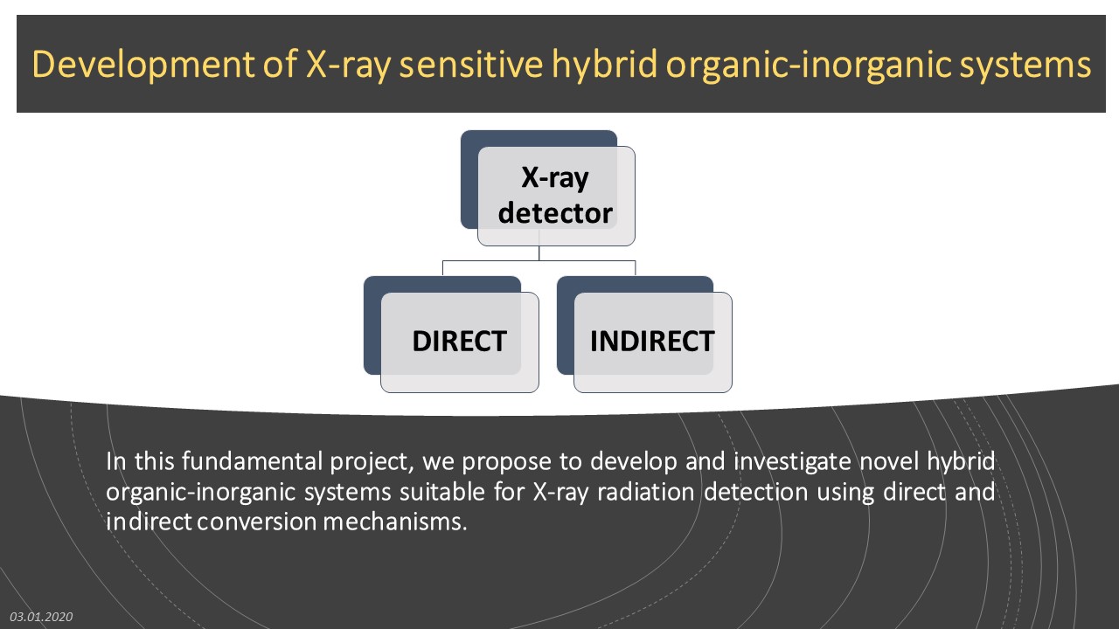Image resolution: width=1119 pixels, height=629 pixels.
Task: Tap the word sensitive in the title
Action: tap(470, 64)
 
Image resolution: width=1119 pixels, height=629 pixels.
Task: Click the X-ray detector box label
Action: tap(555, 195)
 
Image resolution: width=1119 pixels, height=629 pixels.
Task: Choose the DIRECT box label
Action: tap(459, 342)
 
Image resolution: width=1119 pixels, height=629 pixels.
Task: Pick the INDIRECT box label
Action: tap(652, 342)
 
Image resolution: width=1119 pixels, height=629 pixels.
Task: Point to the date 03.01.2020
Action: tap(41, 617)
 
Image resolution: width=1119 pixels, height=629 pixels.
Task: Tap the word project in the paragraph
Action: tap(372, 463)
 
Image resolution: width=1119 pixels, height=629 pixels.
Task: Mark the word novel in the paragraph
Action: tap(889, 461)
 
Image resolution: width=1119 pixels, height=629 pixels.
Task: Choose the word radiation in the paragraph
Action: tap(645, 492)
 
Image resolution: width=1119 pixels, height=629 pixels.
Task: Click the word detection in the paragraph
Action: tap(756, 492)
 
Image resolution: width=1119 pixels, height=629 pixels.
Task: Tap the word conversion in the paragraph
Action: tap(257, 522)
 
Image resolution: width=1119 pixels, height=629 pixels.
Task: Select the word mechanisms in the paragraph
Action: tap(394, 522)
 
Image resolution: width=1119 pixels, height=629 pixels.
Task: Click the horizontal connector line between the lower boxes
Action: tap(539, 260)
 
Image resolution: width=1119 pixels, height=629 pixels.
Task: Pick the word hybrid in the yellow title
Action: tap(603, 65)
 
